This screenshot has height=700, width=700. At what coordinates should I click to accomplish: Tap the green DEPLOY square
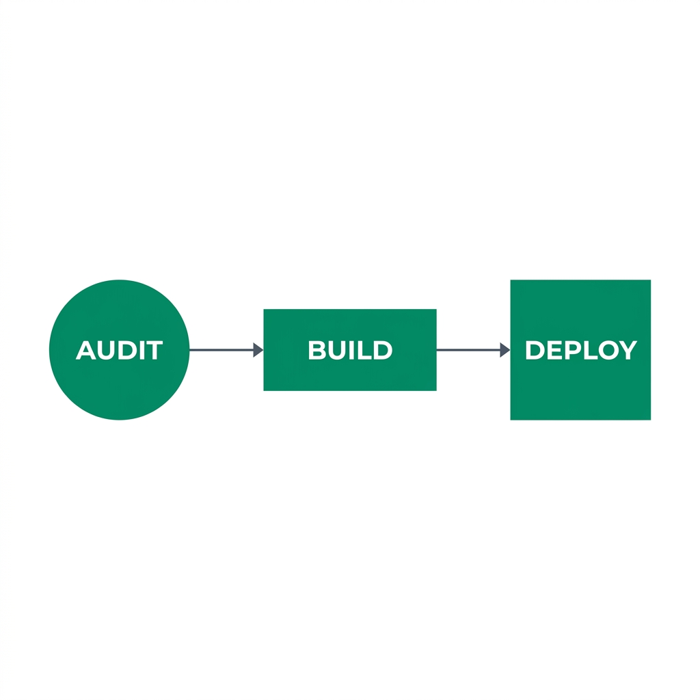[x=580, y=390]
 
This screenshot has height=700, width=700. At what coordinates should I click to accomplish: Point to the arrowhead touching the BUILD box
[x=258, y=350]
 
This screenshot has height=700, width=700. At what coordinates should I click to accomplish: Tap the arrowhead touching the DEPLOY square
[x=504, y=350]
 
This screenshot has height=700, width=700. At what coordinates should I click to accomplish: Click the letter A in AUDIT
[x=85, y=351]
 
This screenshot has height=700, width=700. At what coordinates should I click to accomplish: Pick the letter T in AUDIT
[x=153, y=351]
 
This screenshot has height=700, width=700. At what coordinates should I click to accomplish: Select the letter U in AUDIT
[x=105, y=351]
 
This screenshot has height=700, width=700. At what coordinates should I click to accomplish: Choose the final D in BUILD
[x=383, y=351]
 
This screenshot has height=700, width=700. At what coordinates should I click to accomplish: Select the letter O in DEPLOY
[x=607, y=351]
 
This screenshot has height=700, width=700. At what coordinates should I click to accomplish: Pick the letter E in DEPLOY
[x=554, y=351]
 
